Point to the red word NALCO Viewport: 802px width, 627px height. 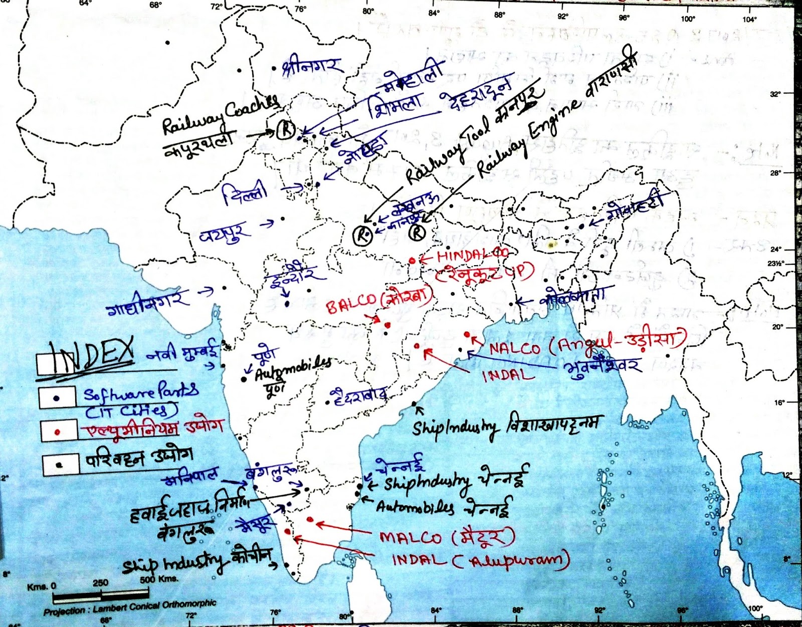(x=515, y=348)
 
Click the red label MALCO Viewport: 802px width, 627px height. (x=411, y=537)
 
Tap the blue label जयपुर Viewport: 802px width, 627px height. (x=224, y=233)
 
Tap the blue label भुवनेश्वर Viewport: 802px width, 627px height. (x=602, y=367)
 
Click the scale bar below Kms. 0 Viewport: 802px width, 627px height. (x=101, y=596)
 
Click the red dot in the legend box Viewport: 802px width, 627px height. (x=58, y=432)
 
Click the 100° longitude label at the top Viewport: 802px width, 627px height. (x=688, y=19)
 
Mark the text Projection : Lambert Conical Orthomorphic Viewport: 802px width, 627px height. (x=130, y=607)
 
